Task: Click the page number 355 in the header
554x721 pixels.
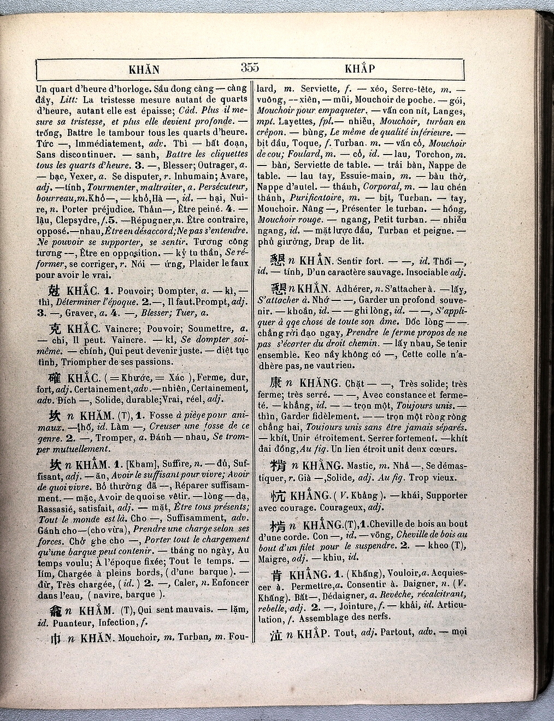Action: pyautogui.click(x=249, y=68)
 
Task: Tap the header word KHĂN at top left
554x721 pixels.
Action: pyautogui.click(x=144, y=69)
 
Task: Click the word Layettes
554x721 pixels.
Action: pyautogui.click(x=294, y=121)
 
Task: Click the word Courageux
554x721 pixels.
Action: pyautogui.click(x=333, y=506)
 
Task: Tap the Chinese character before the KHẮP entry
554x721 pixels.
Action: pyautogui.click(x=278, y=636)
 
